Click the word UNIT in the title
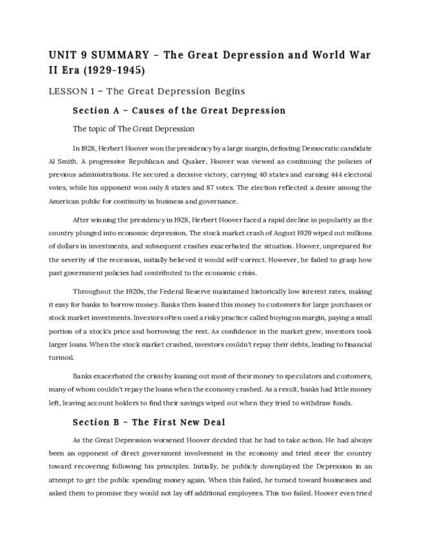point(62,54)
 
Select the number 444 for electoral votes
point(295,174)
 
